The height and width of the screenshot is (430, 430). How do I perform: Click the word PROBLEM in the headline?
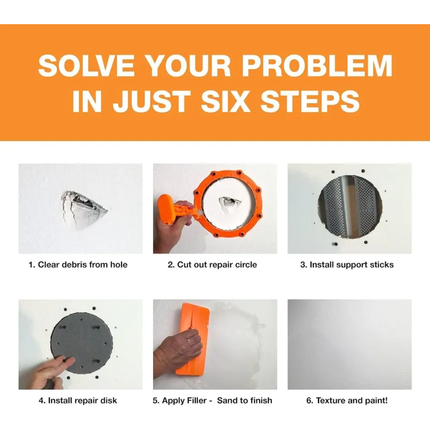coord(317,66)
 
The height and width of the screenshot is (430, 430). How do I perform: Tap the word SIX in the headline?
coord(225,101)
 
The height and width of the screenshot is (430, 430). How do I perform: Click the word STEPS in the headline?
coord(310,101)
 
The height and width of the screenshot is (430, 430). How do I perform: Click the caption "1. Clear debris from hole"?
coord(78,264)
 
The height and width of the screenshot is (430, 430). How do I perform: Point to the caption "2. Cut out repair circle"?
coord(212,264)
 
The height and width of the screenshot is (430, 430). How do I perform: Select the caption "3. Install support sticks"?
coord(347,264)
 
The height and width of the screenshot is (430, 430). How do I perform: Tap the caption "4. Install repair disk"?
coord(78,400)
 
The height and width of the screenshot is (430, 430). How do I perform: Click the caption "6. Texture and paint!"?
coord(347,400)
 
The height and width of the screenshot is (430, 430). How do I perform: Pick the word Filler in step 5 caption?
coord(197,400)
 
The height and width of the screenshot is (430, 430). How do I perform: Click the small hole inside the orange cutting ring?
coord(228,202)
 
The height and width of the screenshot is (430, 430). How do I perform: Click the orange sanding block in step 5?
coord(192,339)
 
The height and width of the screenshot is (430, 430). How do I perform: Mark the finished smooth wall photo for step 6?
coord(349,345)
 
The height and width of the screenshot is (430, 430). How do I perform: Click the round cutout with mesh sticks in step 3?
coord(350,207)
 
